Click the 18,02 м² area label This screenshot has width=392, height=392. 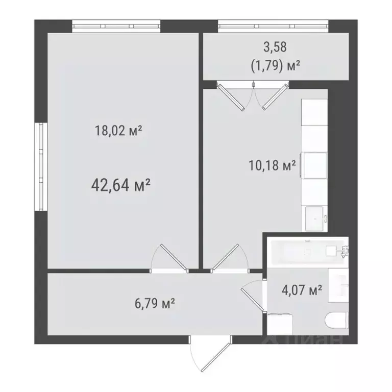click(x=118, y=131)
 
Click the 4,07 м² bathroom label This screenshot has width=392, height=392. click(x=302, y=291)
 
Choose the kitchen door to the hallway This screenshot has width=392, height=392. click(x=227, y=258)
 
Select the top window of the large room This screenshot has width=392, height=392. click(x=116, y=26)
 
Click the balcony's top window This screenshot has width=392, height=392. click(x=273, y=26)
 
